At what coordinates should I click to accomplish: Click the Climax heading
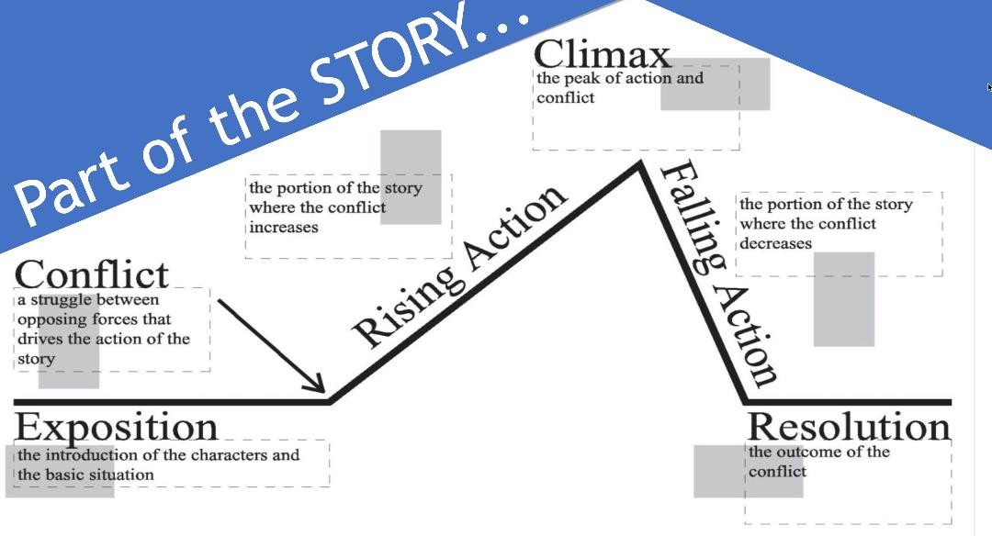[602, 54]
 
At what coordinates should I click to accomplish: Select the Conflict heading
[92, 274]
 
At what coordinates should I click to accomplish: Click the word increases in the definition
[284, 228]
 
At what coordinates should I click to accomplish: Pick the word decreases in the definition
[776, 244]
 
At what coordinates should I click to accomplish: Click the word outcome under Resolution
[807, 452]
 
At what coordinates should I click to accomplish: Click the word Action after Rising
[515, 229]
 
